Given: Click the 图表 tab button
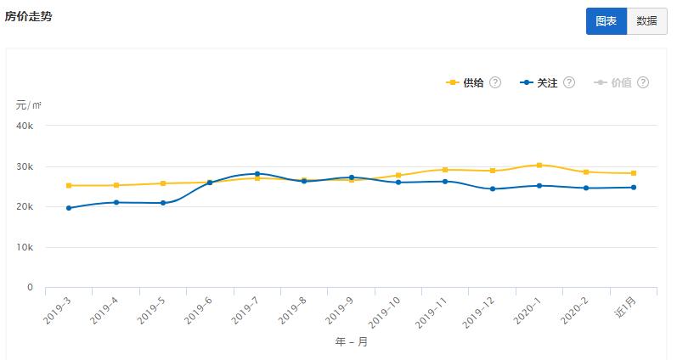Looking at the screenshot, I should coord(606,21).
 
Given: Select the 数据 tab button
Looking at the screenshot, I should coord(646,21).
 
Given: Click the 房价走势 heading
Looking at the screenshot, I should coord(28,16).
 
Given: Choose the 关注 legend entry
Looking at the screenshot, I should coord(547,83).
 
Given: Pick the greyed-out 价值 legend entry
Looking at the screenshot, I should coord(621,83).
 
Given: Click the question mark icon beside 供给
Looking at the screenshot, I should coord(495,83).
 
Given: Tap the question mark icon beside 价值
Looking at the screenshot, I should coord(643,83).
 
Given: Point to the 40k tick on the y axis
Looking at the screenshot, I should coord(25,126).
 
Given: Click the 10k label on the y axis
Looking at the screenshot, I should coord(25,247).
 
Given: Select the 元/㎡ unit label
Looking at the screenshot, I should coord(28,105).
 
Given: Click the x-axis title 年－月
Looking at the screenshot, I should coord(351,342).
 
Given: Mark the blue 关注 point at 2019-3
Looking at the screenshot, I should coord(69,208).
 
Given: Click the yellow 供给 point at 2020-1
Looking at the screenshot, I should coord(539,165).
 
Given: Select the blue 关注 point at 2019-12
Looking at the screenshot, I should coord(492,188).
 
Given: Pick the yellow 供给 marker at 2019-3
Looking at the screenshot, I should coord(69,185).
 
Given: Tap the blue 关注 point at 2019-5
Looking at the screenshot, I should coord(163,203).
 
